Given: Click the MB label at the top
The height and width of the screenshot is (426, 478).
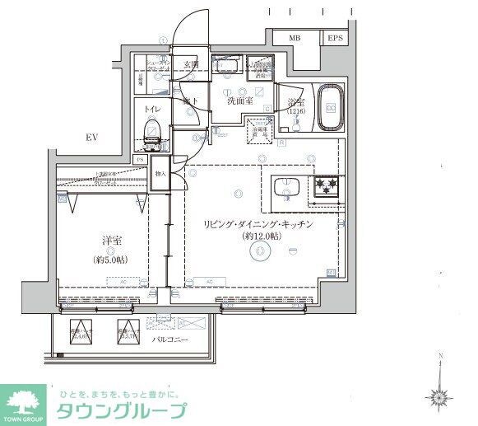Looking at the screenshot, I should pos(294,38).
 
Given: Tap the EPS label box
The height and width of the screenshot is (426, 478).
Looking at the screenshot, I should pos(335,38).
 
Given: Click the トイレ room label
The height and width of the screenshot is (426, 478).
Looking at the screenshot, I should pos(152,109).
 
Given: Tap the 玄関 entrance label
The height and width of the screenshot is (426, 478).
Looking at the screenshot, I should pos(191,64).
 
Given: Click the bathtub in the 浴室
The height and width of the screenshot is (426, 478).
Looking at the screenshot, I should pos(331,107).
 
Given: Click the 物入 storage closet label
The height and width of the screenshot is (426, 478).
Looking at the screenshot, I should pos(161,174).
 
